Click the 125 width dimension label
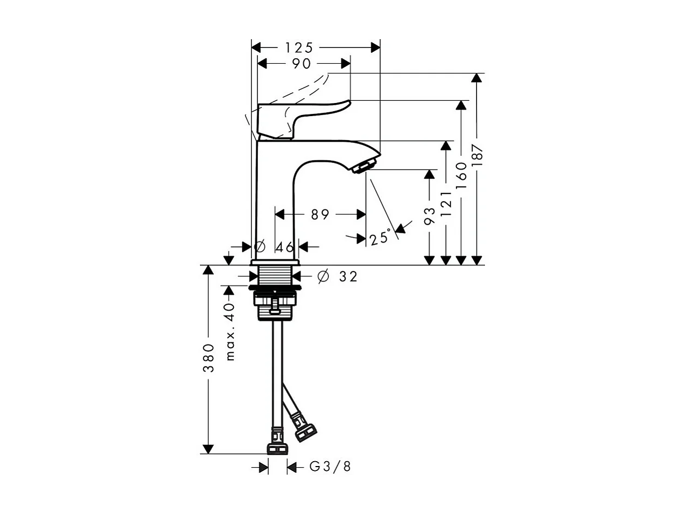click(299, 47)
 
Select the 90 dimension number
click(301, 64)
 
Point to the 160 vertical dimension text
click(462, 174)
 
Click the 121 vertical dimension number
click(447, 204)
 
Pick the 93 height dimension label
click(430, 215)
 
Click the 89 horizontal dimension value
click(320, 215)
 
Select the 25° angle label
click(380, 238)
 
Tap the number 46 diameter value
click(285, 247)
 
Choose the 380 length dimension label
click(208, 358)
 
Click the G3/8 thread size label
click(330, 467)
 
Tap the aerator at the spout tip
click(365, 165)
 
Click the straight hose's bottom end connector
click(278, 448)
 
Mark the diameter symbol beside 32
click(323, 277)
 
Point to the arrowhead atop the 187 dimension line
click(477, 77)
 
